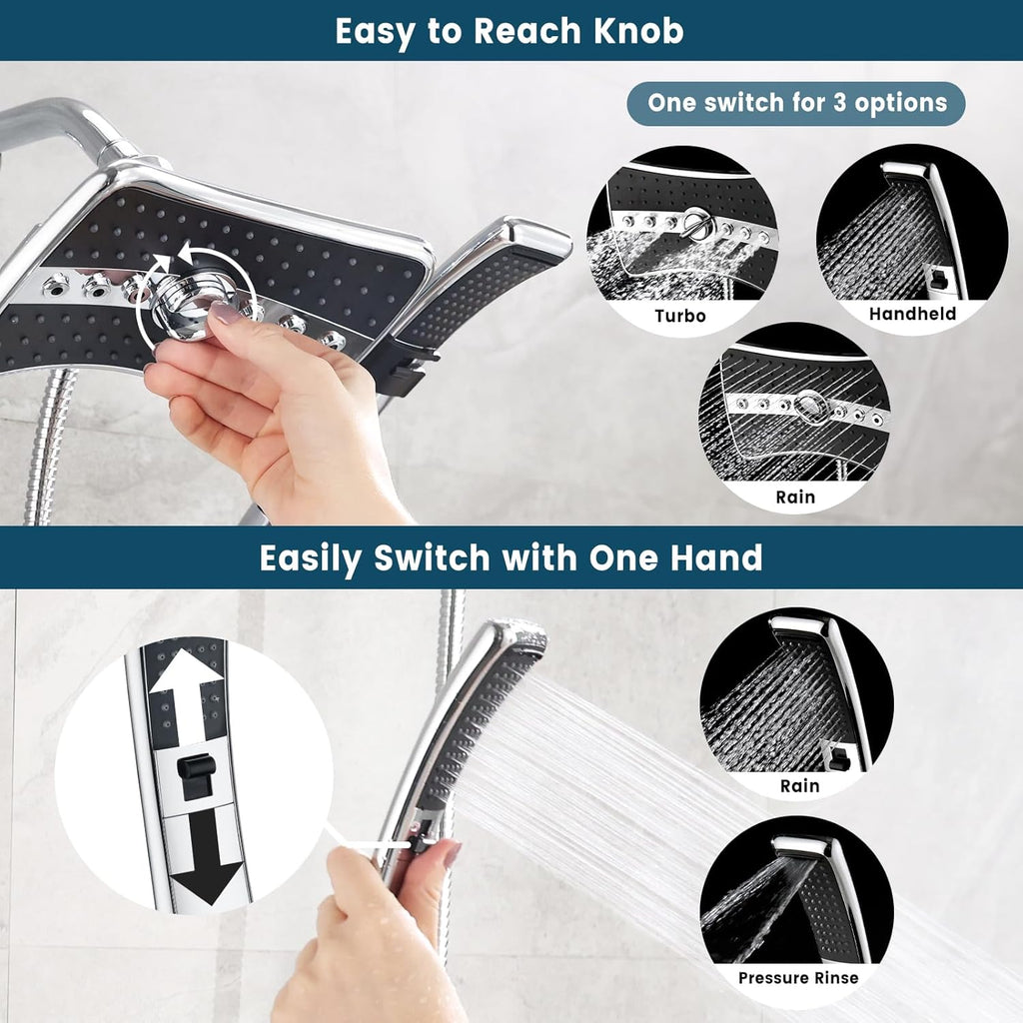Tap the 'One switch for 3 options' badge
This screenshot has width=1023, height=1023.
(796, 103)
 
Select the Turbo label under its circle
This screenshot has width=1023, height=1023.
(680, 316)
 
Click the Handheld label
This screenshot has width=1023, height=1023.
(911, 314)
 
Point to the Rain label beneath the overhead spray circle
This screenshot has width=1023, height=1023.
(794, 496)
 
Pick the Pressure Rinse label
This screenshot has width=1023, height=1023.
(797, 977)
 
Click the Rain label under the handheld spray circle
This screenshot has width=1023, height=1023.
(799, 785)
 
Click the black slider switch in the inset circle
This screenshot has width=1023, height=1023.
(197, 774)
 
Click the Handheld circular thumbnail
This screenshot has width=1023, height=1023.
(911, 236)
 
